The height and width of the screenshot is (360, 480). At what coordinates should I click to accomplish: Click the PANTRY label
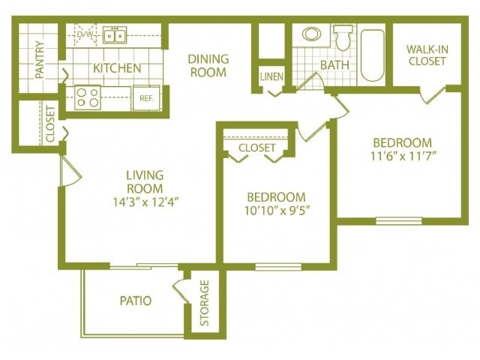[x=39, y=59]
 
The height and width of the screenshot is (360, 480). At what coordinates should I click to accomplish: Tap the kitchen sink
[x=115, y=35]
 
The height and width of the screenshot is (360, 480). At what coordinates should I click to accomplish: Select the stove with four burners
[x=88, y=97]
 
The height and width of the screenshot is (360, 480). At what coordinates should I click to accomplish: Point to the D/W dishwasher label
[x=84, y=34]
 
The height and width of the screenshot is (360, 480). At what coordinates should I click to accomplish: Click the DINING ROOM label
[x=207, y=65]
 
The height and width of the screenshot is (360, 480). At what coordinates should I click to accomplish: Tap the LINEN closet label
[x=271, y=76]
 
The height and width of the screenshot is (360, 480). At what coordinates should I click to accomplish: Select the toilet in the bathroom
[x=343, y=37]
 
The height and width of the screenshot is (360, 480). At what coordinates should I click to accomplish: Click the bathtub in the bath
[x=372, y=55]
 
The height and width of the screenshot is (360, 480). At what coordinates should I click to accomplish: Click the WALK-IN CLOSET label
[x=427, y=55]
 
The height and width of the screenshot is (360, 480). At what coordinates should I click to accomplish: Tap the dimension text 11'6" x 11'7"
[x=403, y=156]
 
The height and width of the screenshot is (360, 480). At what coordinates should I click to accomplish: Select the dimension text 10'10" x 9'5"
[x=276, y=211]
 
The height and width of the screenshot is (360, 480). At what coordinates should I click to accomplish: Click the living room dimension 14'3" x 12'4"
[x=145, y=200]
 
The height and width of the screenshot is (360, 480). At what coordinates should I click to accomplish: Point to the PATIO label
[x=136, y=301]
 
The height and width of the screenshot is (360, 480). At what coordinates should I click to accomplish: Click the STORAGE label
[x=204, y=304]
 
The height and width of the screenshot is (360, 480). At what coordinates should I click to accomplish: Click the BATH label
[x=334, y=64]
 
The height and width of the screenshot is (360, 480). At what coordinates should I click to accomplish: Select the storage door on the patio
[x=180, y=291]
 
